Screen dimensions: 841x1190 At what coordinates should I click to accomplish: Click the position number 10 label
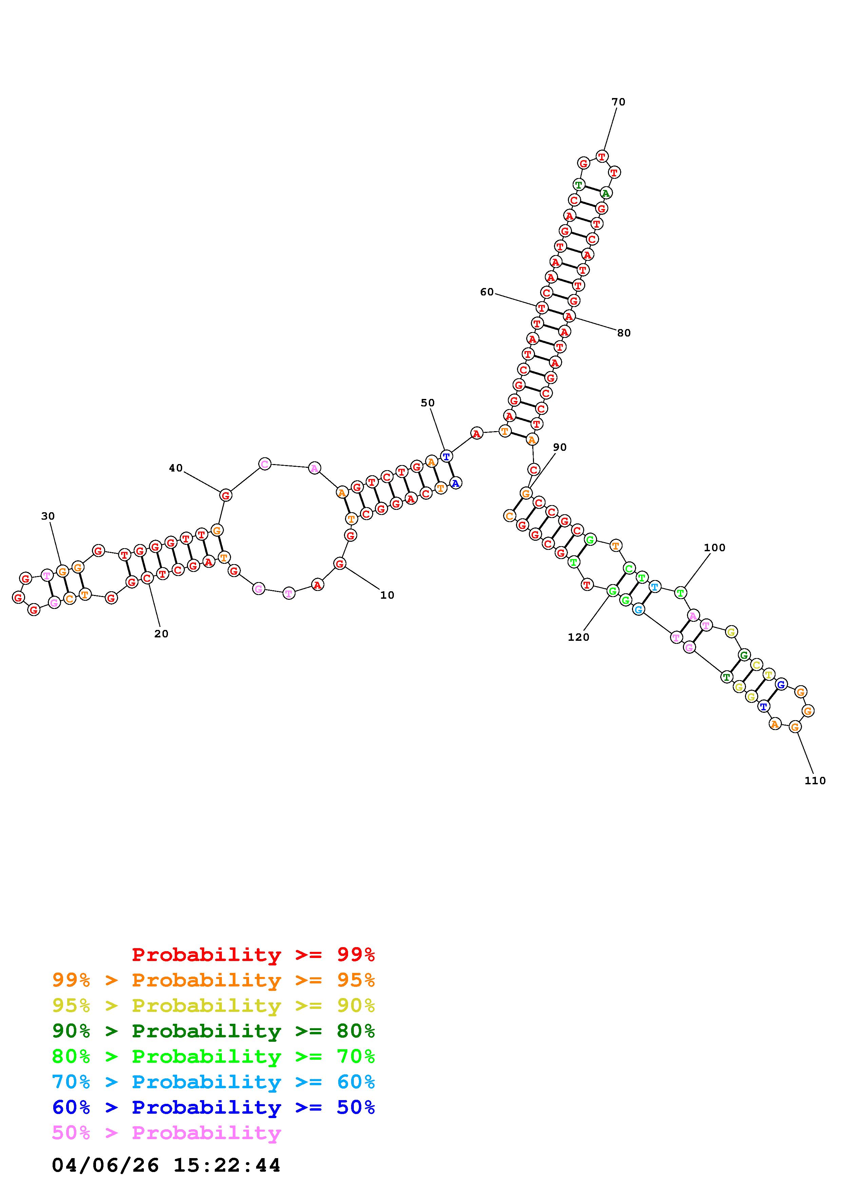coord(387,596)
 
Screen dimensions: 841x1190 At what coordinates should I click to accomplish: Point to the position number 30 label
coord(48,516)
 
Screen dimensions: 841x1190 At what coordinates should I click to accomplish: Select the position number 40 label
coord(176,468)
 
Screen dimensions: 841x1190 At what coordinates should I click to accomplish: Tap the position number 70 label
coord(618,102)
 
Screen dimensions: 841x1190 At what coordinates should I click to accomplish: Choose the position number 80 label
coord(624,333)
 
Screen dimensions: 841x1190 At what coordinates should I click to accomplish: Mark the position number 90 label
coord(560,447)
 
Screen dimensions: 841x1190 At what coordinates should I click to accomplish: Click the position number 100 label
coord(714,548)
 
